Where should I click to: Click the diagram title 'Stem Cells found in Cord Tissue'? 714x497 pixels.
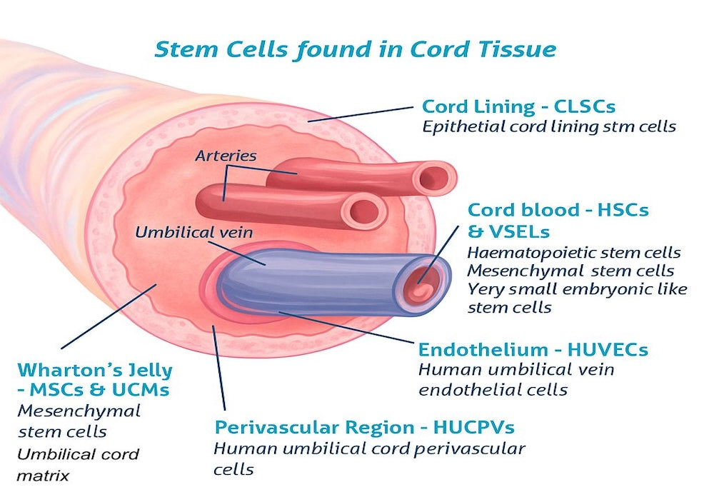coord(355,49)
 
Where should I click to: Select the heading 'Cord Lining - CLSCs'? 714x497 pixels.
coord(518,107)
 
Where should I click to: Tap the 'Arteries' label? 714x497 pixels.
coord(226,155)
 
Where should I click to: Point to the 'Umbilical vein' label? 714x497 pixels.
coord(193,232)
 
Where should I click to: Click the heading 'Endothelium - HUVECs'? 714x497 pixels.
coord(533,350)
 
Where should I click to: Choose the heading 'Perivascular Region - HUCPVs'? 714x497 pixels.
coord(364,428)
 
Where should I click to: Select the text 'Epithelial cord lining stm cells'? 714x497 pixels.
coord(548,128)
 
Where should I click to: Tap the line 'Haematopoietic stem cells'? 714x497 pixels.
coord(573,253)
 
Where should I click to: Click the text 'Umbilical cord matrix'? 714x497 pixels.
coord(78,463)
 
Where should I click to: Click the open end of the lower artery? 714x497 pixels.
coord(365,211)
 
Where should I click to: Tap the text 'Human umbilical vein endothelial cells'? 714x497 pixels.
coord(516,379)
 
